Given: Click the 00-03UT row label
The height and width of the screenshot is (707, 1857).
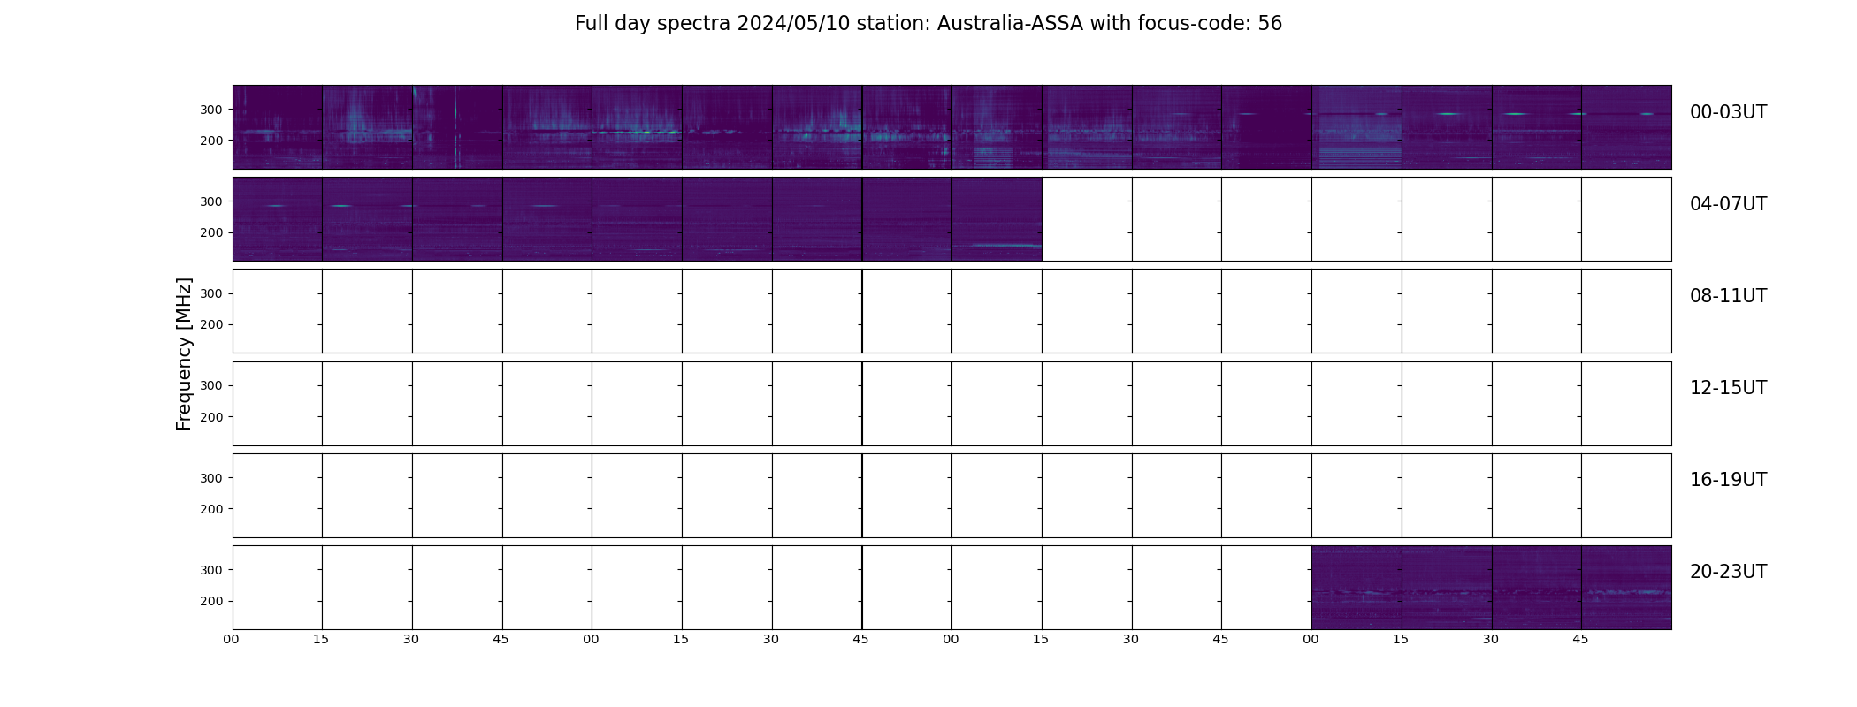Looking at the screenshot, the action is pyautogui.click(x=1728, y=112).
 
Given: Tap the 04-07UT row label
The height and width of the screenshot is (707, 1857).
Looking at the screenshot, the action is pyautogui.click(x=1728, y=204).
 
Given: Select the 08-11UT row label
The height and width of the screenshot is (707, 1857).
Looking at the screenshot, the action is pyautogui.click(x=1728, y=296).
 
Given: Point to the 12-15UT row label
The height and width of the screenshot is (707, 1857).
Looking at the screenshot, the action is pyautogui.click(x=1728, y=388).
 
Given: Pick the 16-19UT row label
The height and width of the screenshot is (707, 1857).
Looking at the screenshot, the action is pyautogui.click(x=1728, y=480).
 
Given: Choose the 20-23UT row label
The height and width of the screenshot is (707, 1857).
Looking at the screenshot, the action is pyautogui.click(x=1728, y=572).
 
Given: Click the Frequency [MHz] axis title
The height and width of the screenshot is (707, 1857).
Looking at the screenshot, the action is pyautogui.click(x=184, y=353).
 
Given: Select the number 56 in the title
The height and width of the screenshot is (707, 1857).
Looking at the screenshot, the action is pyautogui.click(x=1270, y=24).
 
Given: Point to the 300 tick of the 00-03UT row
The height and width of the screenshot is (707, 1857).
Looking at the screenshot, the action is pyautogui.click(x=212, y=110).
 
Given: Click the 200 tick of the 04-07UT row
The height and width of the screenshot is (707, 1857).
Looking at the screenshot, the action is pyautogui.click(x=212, y=232).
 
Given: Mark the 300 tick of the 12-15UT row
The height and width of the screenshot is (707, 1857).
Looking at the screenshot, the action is pyautogui.click(x=212, y=385).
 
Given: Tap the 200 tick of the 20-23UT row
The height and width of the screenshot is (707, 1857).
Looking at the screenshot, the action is pyautogui.click(x=212, y=601).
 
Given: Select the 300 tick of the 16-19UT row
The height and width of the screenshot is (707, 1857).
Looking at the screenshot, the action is pyautogui.click(x=212, y=478).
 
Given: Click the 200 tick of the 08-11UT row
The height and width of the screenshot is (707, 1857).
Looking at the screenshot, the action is pyautogui.click(x=212, y=324).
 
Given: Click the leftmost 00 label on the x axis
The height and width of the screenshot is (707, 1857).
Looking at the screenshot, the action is pyautogui.click(x=232, y=639).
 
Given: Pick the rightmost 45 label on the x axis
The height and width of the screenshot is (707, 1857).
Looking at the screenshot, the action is pyautogui.click(x=1580, y=639).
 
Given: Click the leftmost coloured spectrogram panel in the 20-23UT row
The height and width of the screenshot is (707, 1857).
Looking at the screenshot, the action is pyautogui.click(x=1356, y=588).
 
